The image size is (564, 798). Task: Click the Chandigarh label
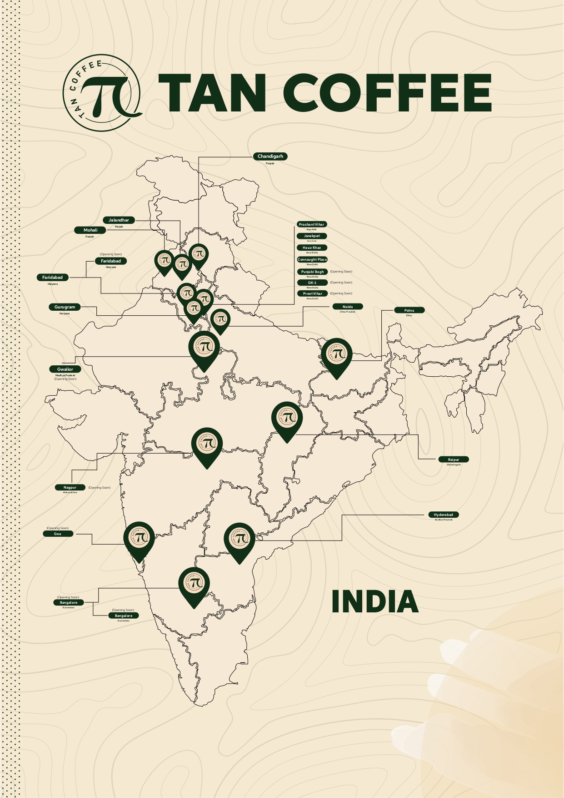coord(270,157)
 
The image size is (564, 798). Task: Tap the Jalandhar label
coord(119,220)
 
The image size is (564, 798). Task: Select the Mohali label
coord(90,230)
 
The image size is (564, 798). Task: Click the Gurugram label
coord(65,307)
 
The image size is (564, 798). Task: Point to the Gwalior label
coord(65,369)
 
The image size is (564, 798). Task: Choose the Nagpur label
coord(70,487)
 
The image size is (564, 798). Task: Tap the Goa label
coord(58,534)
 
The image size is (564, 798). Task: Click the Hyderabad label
coord(444,515)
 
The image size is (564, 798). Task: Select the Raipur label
coord(454,460)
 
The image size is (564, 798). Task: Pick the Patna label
coord(409,310)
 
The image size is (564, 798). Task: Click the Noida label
coord(348,307)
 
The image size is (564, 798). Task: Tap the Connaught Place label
coord(312,259)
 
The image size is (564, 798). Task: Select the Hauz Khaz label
coord(312,247)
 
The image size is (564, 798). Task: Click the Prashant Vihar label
coord(312,224)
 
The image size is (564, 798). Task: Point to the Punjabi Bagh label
coord(312,272)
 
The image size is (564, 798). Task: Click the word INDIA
coord(374,601)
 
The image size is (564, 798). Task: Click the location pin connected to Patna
coord(337,356)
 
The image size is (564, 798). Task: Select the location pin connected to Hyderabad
coord(240,540)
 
